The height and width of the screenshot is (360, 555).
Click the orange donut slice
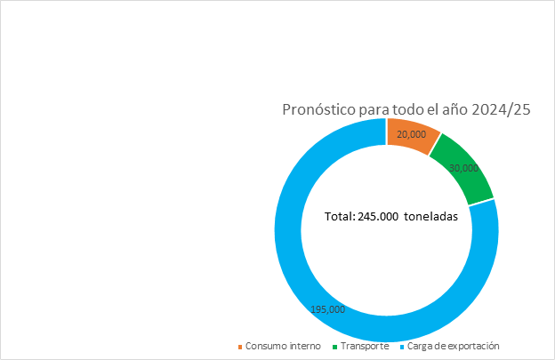(411, 134)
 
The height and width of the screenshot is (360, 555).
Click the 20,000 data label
(411, 135)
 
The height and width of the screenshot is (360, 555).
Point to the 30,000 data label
(463, 168)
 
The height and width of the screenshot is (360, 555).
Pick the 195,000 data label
(328, 309)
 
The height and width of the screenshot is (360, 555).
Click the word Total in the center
(339, 216)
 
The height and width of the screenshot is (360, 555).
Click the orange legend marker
(240, 347)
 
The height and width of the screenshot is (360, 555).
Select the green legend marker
(334, 347)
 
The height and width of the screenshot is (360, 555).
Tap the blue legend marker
(401, 347)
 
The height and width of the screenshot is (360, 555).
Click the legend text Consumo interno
(283, 346)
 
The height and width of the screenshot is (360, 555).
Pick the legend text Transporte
(365, 346)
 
